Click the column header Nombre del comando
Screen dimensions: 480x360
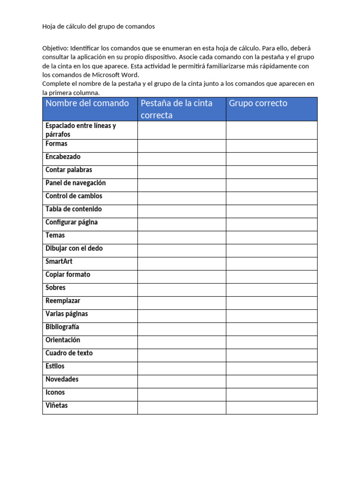tap(87, 104)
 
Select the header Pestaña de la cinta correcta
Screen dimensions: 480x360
tap(177, 109)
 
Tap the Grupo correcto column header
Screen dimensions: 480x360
tap(258, 104)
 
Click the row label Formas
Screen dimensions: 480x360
tap(56, 144)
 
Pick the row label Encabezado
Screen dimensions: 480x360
tap(63, 157)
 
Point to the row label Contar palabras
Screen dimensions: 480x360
tap(69, 170)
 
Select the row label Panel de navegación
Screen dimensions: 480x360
tap(75, 183)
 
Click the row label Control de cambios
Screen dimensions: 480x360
tap(74, 196)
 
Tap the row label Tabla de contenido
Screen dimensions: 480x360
tap(74, 210)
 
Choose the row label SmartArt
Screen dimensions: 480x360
tap(59, 262)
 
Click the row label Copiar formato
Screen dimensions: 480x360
tap(68, 275)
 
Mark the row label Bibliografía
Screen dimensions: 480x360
tap(62, 327)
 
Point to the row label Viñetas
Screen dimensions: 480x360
tap(57, 405)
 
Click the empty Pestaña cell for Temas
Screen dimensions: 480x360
tap(181, 236)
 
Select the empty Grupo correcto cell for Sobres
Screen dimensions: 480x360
tap(271, 288)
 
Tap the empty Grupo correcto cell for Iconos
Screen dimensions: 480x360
tap(271, 393)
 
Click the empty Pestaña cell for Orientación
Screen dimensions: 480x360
tap(181, 340)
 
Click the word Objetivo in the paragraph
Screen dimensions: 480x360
tap(55, 49)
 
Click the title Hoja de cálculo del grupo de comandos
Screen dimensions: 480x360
tap(98, 27)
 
